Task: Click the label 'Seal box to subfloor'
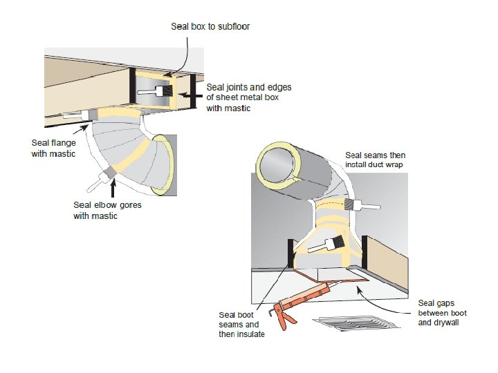[x=210, y=26]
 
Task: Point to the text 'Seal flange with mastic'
[x=54, y=149]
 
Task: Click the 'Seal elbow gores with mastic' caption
[x=105, y=210]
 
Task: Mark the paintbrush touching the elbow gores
[x=104, y=175]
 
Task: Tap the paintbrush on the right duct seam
[x=363, y=205]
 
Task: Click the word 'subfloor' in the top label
[x=233, y=26]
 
